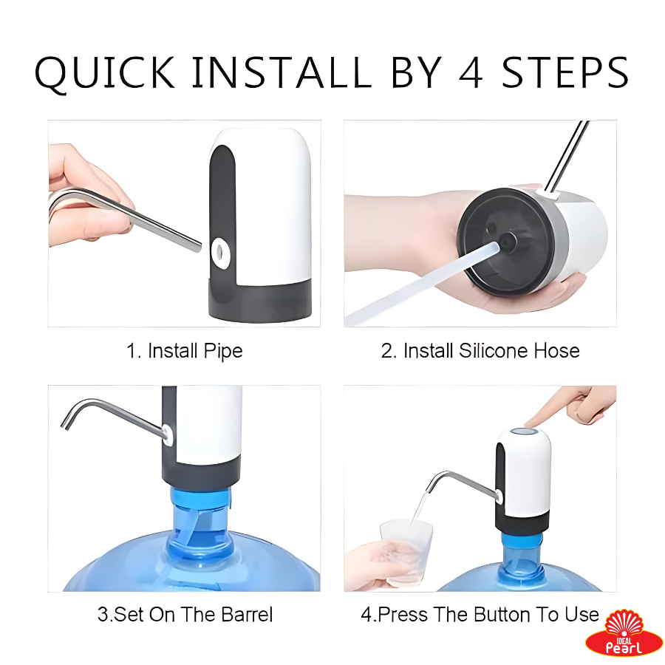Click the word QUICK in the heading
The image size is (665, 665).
coord(104,72)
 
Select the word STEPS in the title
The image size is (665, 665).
coord(565,72)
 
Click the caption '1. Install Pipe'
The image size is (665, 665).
coord(185,351)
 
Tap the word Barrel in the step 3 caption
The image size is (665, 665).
coord(248,615)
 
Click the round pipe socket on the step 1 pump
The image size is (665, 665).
coord(220,253)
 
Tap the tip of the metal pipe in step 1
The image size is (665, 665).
coord(199,248)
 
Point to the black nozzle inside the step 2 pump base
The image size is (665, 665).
coord(507,242)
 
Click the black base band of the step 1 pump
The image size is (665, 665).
coord(259,301)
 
